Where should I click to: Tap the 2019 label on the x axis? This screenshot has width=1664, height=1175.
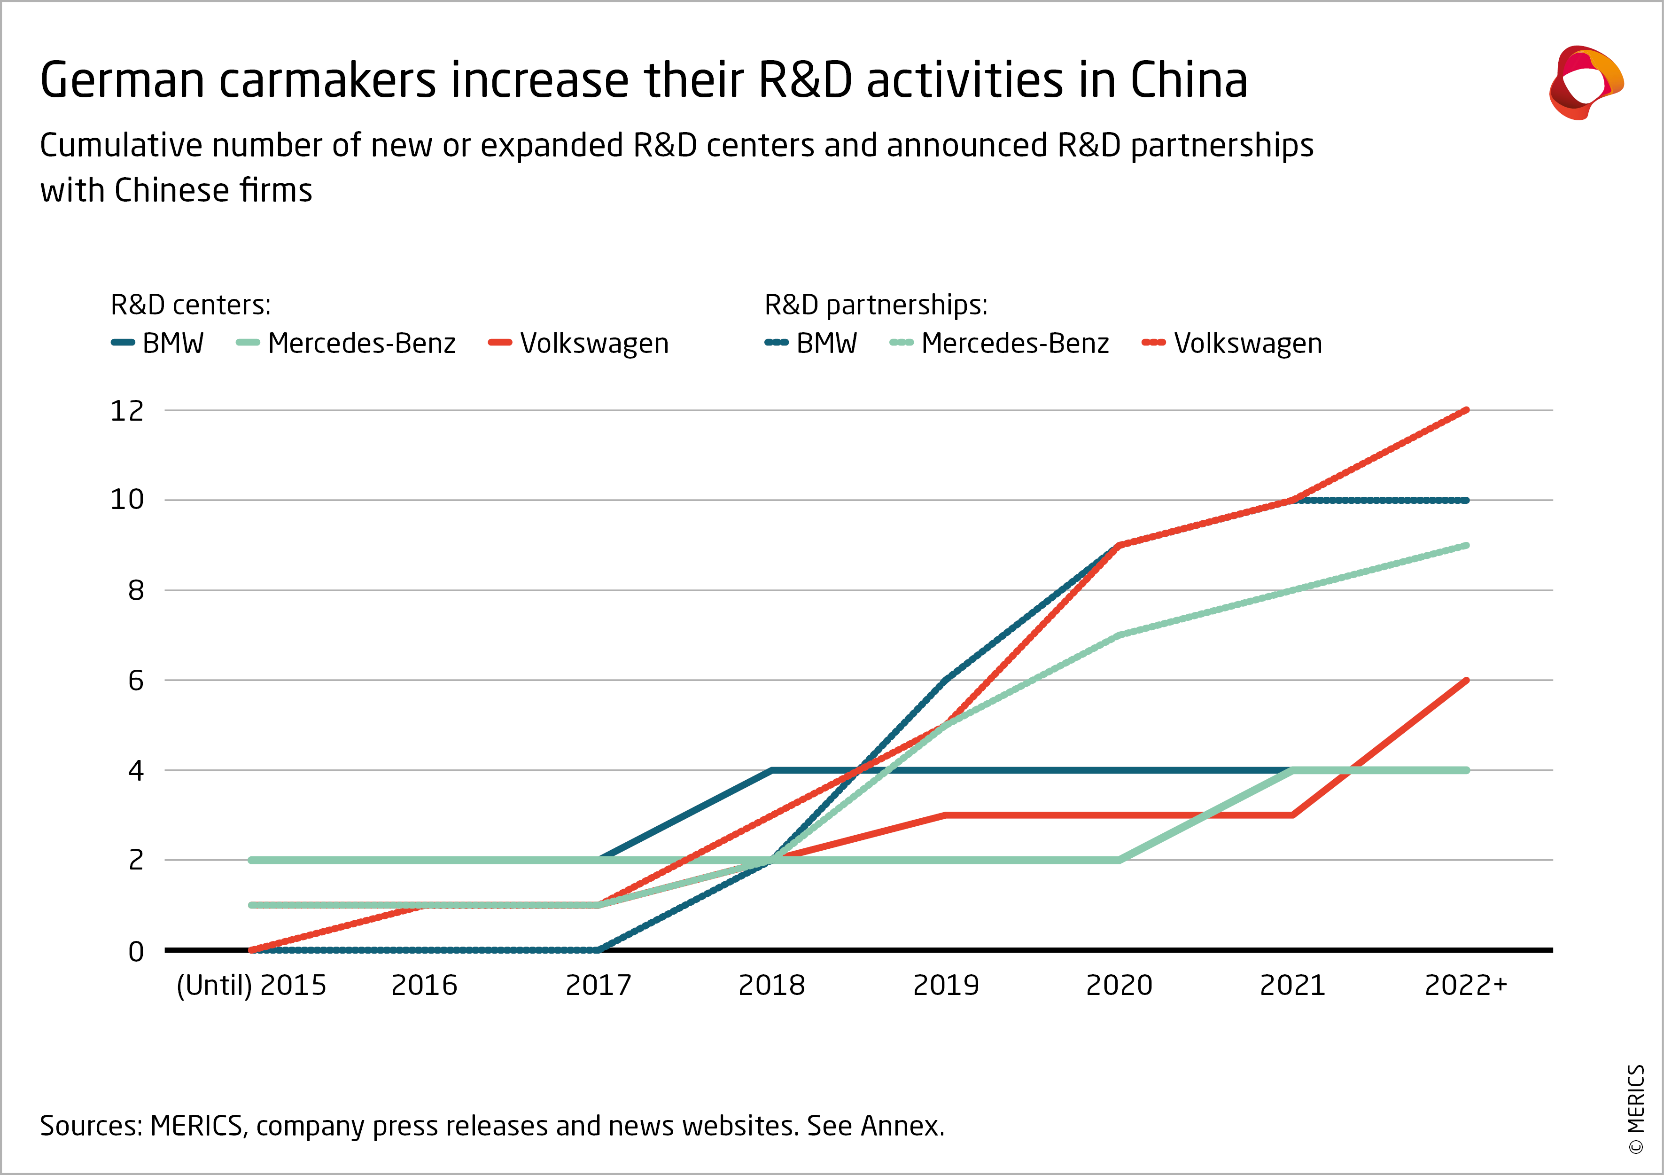(x=946, y=986)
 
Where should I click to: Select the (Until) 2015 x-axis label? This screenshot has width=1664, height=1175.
(x=251, y=986)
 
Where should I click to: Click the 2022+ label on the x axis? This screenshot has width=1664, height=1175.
(x=1465, y=986)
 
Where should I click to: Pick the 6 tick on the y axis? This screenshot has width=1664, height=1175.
(x=135, y=681)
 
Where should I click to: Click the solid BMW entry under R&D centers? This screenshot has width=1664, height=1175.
(x=158, y=343)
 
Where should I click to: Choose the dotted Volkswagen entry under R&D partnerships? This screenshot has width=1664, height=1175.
(x=1232, y=343)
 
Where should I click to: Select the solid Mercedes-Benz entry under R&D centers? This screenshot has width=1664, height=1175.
(x=346, y=343)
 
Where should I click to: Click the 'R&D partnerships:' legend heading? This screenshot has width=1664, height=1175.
(x=876, y=305)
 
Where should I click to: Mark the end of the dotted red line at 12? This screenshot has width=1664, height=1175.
(x=1466, y=410)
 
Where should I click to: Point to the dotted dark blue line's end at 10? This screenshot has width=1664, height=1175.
(x=1466, y=500)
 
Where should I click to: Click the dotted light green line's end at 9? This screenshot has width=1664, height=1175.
(x=1466, y=545)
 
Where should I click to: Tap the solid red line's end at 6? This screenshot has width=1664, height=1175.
(x=1466, y=681)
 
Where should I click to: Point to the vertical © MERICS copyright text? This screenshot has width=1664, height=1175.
(x=1636, y=1109)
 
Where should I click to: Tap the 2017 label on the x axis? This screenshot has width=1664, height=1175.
(x=598, y=986)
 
